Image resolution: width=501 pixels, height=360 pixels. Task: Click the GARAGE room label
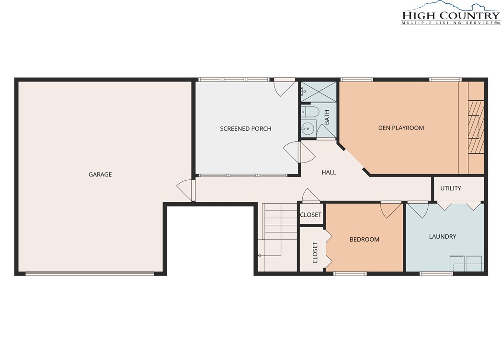pyautogui.click(x=100, y=174)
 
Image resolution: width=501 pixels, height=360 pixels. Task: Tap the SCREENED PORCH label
pyautogui.click(x=245, y=129)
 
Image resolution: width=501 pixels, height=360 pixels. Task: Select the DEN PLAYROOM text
pyautogui.click(x=401, y=128)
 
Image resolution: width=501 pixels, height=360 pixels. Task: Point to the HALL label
pyautogui.click(x=329, y=173)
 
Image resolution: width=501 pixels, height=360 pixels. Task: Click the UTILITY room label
pyautogui.click(x=451, y=188)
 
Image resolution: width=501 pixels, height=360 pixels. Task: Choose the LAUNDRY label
pyautogui.click(x=443, y=237)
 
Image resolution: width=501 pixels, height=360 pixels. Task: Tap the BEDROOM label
pyautogui.click(x=364, y=240)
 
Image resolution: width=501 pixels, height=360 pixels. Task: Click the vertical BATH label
pyautogui.click(x=327, y=117)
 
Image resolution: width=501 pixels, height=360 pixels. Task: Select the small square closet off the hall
pyautogui.click(x=310, y=214)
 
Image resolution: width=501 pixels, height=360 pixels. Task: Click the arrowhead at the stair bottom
pyautogui.click(x=259, y=255)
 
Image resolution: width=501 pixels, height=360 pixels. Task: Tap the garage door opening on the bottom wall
pyautogui.click(x=90, y=274)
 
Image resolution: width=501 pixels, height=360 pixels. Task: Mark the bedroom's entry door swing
pyautogui.click(x=390, y=210)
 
